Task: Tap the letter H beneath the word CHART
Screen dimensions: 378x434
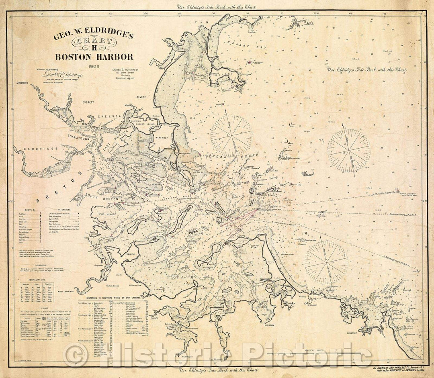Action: (94, 49)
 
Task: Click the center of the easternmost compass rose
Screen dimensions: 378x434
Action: (348, 150)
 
